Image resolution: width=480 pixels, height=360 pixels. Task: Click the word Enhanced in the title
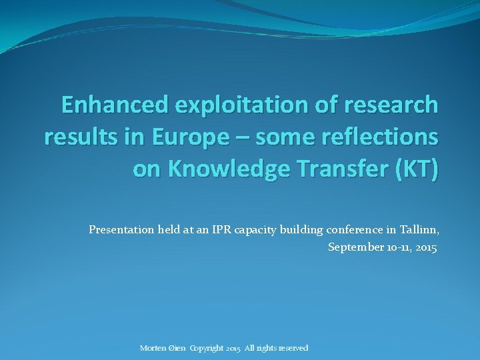coord(113,105)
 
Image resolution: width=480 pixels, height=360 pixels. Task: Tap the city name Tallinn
coord(419,230)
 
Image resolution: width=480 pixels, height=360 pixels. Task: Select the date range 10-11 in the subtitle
coord(395,247)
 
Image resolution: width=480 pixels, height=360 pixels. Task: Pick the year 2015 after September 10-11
coord(425,247)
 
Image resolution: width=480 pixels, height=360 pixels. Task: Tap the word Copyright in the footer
coord(207,348)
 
